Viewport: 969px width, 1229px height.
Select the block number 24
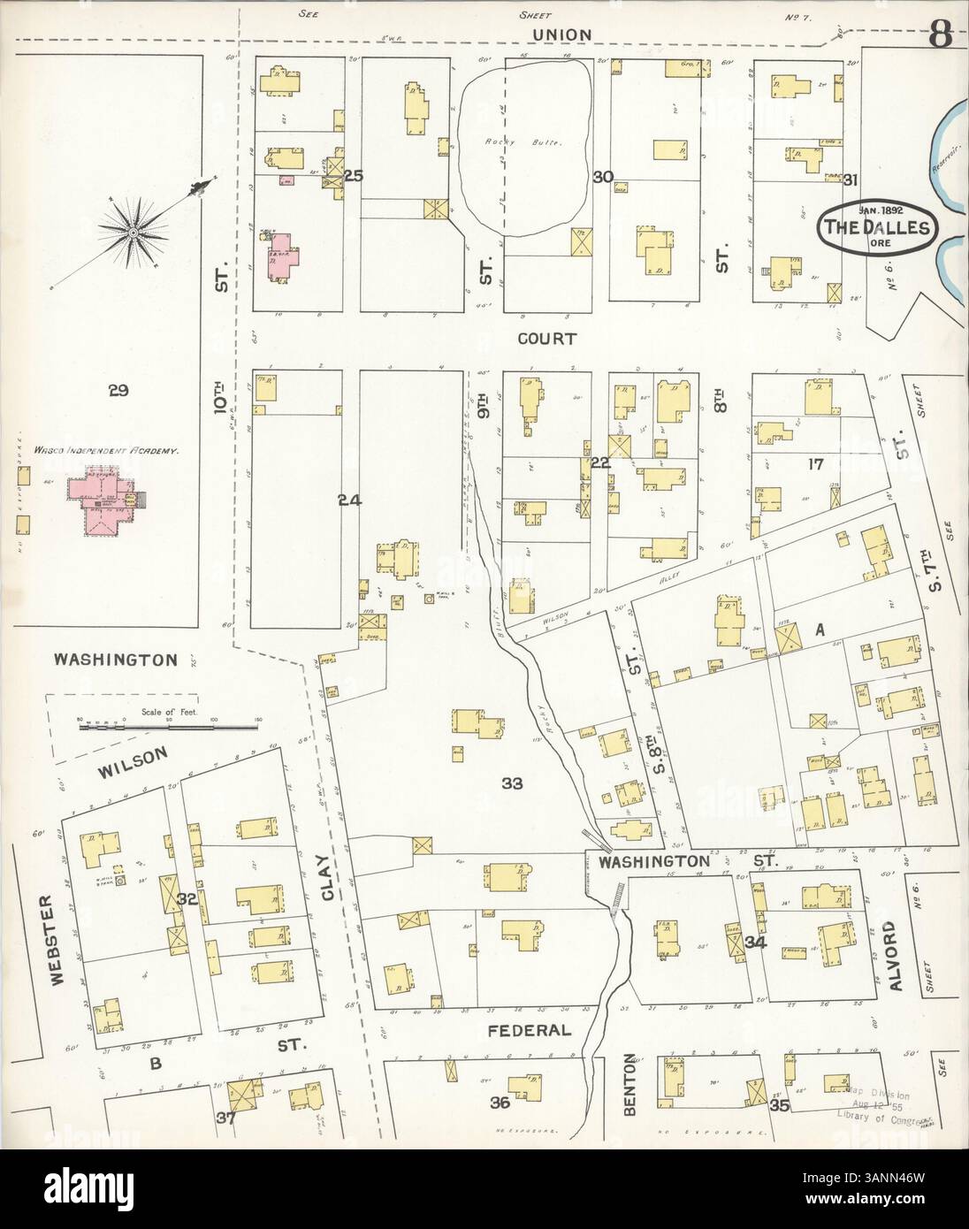[350, 500]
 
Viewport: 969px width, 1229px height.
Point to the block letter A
[820, 630]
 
